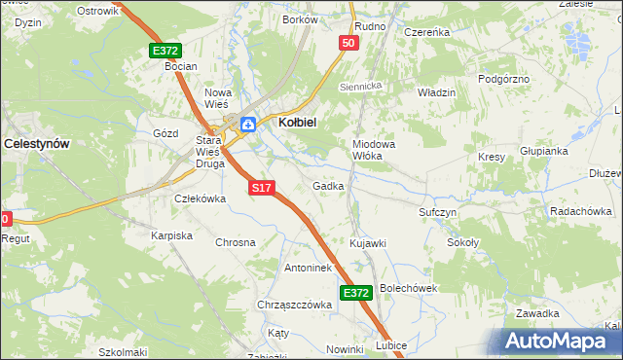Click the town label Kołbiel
(302, 123)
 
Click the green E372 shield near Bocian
(165, 50)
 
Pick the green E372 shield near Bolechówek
(356, 292)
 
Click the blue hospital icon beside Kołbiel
(248, 124)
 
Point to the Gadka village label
(328, 186)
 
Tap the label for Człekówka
(200, 198)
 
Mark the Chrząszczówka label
(295, 305)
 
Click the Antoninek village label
(309, 268)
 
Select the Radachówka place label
(580, 211)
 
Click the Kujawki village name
(368, 242)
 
